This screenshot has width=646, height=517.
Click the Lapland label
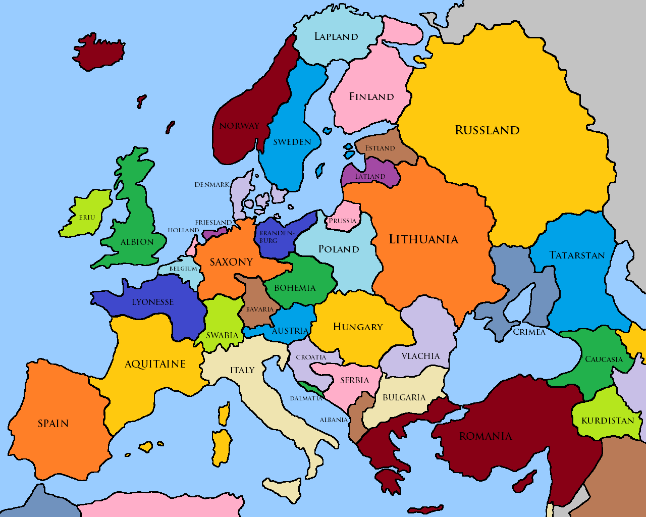click(336, 36)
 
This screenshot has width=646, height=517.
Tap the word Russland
click(487, 130)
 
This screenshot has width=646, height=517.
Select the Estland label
click(380, 148)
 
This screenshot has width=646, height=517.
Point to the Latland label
click(370, 177)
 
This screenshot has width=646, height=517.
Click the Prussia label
click(342, 221)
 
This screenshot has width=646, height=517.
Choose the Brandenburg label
click(276, 237)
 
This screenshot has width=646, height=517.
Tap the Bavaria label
click(259, 309)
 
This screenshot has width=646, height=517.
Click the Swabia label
click(222, 335)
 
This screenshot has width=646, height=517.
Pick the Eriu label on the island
click(87, 218)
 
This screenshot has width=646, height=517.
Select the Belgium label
click(183, 269)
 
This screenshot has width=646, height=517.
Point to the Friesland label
click(213, 223)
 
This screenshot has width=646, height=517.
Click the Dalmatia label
click(306, 398)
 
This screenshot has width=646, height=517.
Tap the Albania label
click(334, 420)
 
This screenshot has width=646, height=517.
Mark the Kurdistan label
click(608, 421)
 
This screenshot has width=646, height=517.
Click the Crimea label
click(529, 332)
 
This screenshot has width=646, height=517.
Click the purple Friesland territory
click(214, 234)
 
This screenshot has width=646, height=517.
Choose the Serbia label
click(354, 380)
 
